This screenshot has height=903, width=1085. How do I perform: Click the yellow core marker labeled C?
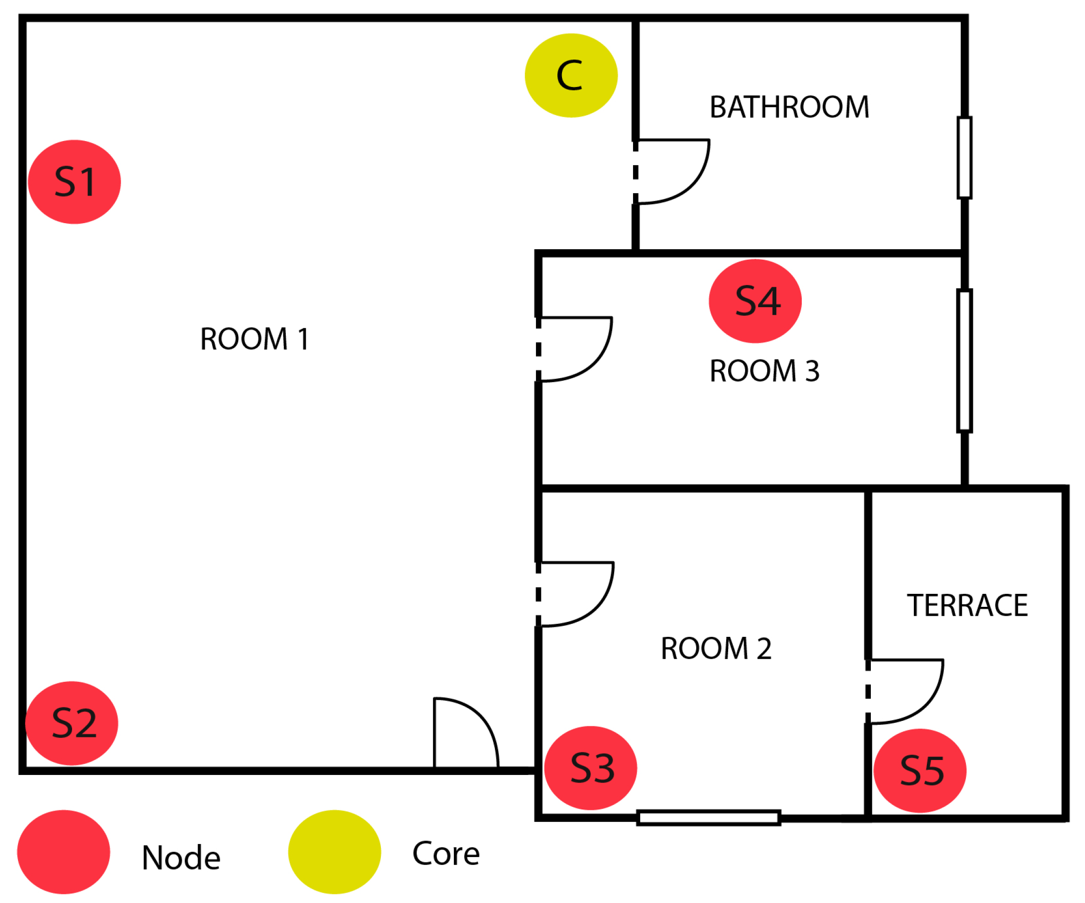point(571,76)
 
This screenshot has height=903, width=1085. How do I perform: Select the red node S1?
point(75,182)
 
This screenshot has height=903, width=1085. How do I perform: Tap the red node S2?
point(72,723)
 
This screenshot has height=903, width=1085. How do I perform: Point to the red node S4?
point(755,301)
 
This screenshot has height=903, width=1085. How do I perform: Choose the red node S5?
point(920,771)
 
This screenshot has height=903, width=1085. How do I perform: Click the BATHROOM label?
point(789,108)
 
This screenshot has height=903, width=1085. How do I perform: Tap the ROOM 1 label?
point(254,339)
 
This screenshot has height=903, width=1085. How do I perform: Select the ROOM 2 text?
point(716,649)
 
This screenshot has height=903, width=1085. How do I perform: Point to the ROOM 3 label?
point(764,371)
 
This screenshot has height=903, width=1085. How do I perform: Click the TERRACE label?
point(967,605)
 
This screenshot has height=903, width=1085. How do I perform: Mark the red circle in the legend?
point(64,852)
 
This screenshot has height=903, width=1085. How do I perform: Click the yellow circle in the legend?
point(334,852)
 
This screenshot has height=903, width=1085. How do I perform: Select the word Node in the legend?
point(181,858)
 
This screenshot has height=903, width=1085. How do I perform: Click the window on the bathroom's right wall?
point(964,158)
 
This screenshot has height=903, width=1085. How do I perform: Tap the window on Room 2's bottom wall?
point(708,818)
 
